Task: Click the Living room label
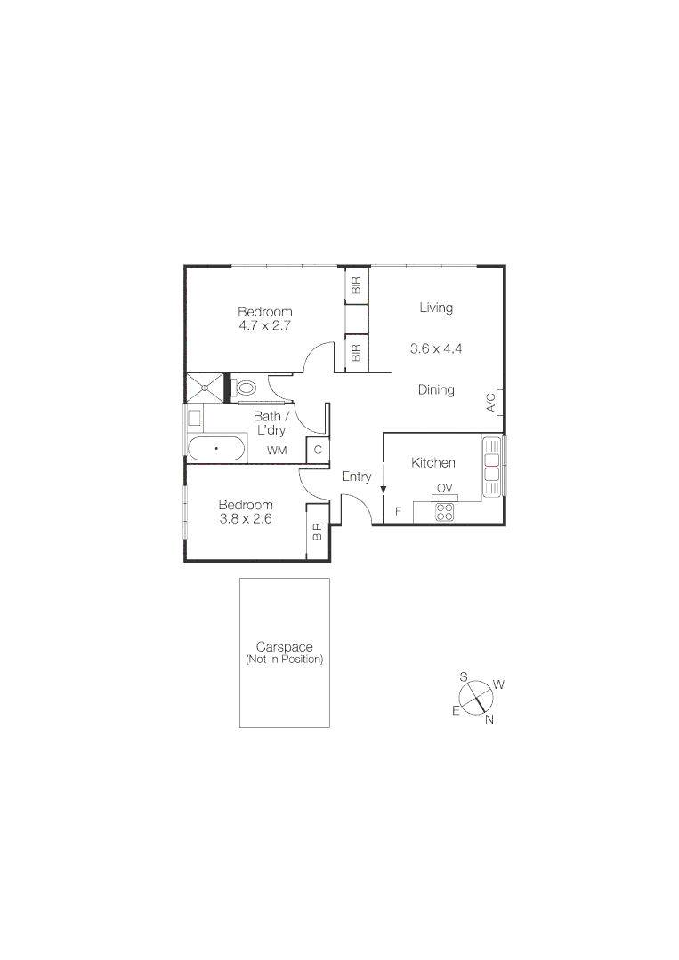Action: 436,308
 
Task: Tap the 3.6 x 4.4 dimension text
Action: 436,348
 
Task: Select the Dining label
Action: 436,389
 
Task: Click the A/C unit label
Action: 490,404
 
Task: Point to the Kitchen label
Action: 433,462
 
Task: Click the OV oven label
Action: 444,488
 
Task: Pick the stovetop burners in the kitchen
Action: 444,512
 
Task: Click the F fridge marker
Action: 398,511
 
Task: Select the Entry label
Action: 356,476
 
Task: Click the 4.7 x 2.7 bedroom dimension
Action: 264,325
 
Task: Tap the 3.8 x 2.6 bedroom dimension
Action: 246,518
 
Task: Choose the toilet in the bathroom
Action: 246,388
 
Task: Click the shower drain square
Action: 206,388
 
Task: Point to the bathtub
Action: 216,448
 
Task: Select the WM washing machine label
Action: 278,451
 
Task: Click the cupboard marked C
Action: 318,450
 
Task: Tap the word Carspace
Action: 284,647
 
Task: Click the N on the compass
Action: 489,719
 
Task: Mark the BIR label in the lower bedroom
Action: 317,532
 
